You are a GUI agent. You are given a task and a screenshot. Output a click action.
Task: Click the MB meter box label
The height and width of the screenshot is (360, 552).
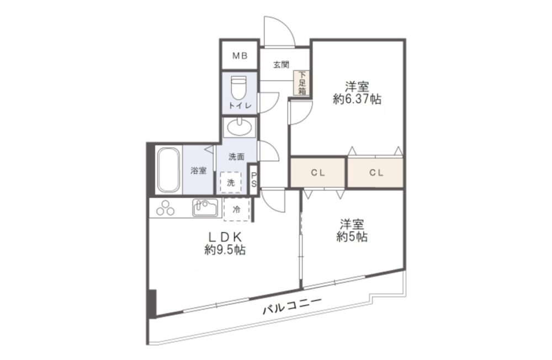coord(240,56)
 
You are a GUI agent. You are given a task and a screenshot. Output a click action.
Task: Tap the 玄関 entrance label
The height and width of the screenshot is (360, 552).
coord(282,65)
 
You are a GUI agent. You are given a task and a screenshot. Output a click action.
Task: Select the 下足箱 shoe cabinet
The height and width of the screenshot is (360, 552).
coord(302,83)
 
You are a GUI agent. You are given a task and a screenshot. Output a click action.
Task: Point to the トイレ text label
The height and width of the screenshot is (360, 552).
coord(240,105)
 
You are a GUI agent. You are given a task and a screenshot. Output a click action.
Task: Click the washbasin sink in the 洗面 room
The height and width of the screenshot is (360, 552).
coord(240,127)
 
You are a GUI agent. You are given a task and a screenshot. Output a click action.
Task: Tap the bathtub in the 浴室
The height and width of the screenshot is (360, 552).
coord(169,171)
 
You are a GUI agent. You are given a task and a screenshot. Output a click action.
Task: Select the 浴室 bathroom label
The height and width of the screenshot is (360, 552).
coord(199,171)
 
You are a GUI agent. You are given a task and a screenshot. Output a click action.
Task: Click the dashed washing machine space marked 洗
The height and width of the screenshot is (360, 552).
coord(231,182)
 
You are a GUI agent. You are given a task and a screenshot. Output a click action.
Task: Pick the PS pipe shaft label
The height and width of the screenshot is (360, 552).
coord(254,180)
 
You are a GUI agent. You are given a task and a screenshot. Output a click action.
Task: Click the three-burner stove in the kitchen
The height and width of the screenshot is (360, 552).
coord(166,208)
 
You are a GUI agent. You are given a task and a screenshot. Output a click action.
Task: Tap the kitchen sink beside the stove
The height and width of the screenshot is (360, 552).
coord(205,208)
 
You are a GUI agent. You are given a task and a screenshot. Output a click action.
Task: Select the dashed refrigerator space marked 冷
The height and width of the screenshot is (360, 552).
coord(237,209)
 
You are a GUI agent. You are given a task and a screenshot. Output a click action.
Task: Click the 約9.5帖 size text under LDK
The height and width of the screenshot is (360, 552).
coord(225,250)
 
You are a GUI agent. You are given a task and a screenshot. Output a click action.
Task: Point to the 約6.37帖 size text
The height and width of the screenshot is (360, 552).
coord(357,99)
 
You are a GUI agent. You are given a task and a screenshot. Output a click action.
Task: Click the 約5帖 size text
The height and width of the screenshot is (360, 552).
coord(352,237)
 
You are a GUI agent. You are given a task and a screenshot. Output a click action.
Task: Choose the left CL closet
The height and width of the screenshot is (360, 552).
coord(317,173)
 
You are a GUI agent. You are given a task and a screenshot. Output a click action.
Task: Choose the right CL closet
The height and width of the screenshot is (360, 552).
coord(376,173)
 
